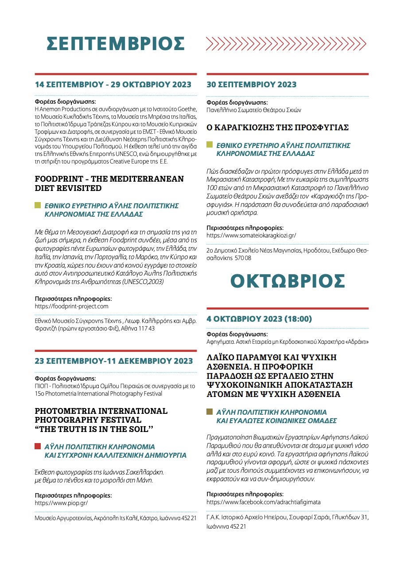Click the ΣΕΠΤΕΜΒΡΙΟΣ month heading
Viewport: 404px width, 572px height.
116,44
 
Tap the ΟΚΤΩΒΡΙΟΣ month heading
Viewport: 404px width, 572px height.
287,281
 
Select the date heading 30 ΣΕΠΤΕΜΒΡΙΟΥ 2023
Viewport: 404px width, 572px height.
252,85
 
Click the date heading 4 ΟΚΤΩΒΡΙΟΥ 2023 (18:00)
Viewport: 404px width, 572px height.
259,319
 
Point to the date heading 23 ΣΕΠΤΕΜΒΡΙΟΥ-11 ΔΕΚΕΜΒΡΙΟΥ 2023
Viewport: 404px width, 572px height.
114,361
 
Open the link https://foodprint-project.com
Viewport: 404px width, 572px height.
71,306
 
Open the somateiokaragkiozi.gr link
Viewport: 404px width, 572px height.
251,235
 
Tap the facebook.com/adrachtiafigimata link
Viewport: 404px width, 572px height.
263,502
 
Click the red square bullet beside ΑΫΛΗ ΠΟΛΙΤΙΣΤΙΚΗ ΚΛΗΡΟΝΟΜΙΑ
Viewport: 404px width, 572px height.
38,446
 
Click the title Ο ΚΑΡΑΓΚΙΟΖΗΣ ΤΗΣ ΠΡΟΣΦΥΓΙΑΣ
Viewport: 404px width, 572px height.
278,128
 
